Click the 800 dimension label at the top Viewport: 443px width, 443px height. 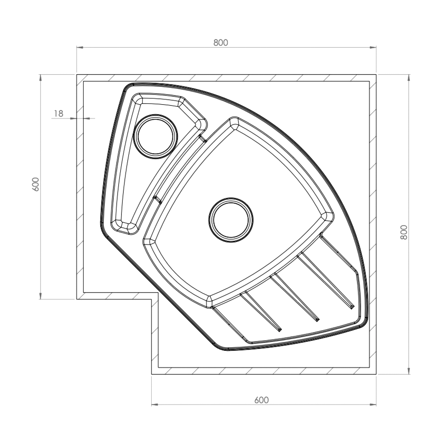click(221, 43)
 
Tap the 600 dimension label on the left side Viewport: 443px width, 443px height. click(35, 184)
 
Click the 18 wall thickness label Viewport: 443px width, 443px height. click(58, 113)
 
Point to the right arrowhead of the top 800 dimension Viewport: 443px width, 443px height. click(373, 47)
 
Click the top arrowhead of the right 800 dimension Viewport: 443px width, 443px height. click(409, 78)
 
